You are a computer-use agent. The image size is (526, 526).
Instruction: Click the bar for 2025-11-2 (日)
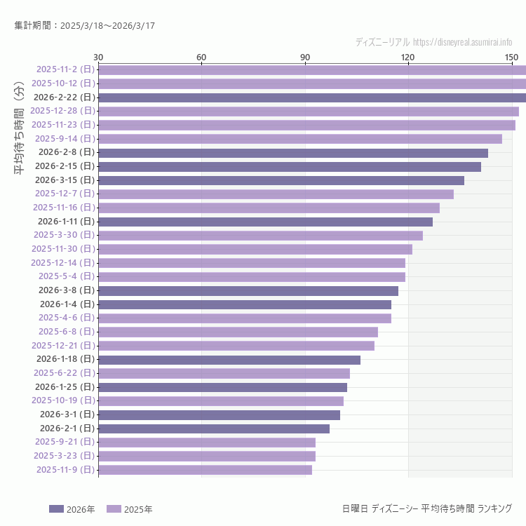[312, 69]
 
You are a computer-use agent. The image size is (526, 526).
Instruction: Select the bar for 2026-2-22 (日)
[312, 97]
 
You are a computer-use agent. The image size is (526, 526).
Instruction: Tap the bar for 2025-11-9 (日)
[205, 470]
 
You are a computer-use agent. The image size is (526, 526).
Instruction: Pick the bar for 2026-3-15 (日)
[281, 180]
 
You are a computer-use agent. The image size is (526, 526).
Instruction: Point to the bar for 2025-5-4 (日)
[252, 276]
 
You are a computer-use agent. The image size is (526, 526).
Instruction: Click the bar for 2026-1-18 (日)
[229, 359]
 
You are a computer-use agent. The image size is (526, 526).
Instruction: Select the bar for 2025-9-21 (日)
[207, 443]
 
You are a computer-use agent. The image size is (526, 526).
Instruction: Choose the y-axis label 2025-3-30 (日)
[65, 235]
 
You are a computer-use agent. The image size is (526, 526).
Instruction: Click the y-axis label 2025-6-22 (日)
[65, 373]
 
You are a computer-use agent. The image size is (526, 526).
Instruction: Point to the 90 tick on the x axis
[305, 57]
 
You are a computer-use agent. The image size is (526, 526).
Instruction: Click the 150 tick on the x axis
[511, 57]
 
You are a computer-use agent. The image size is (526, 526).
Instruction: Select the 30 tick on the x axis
[98, 57]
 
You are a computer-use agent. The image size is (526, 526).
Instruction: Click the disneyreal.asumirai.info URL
[462, 42]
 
